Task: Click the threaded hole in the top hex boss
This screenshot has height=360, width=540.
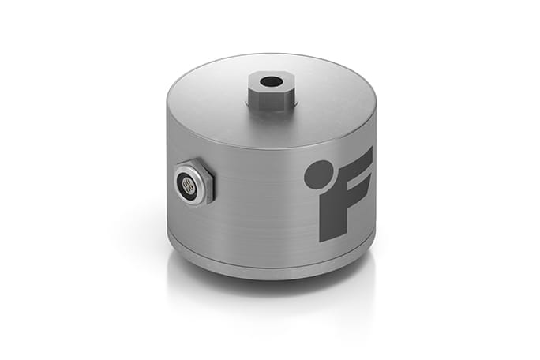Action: coord(270,81)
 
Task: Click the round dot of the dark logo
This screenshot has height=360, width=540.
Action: coord(318,174)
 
